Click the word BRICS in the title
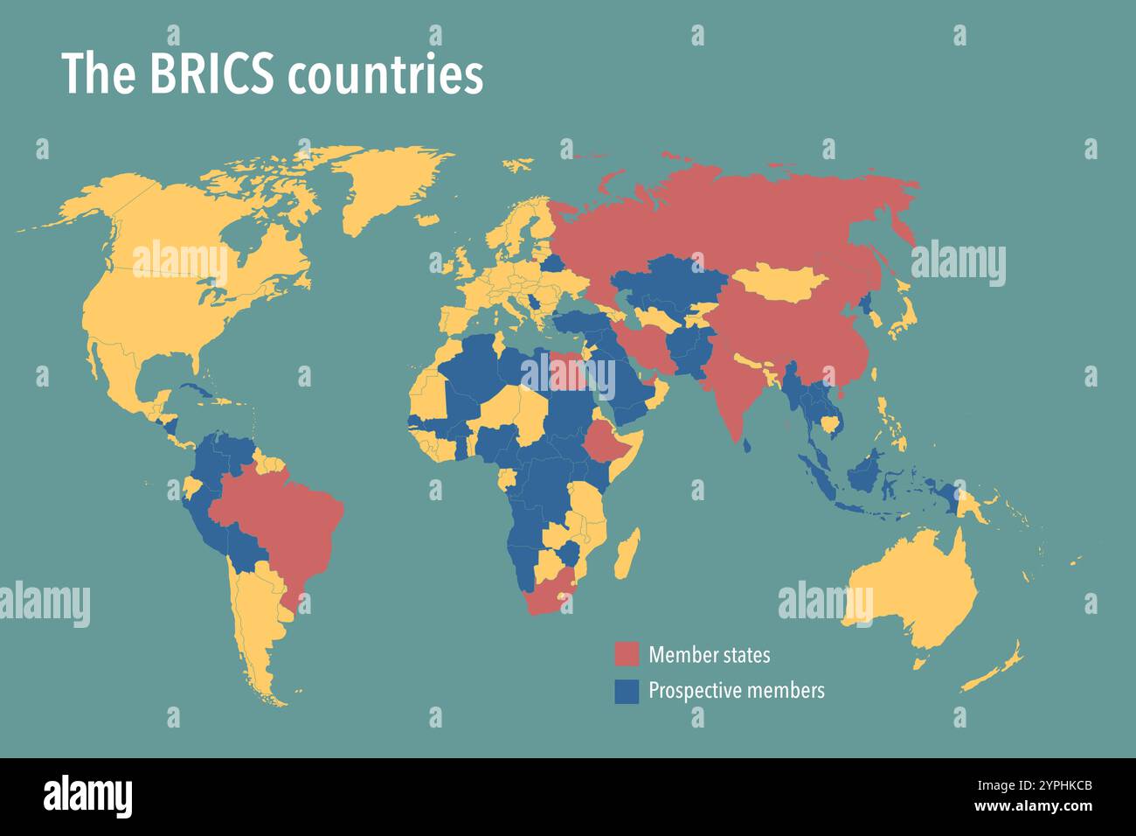(x=212, y=74)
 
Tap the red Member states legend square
(x=627, y=654)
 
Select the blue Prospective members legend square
(x=627, y=691)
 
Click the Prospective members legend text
(x=736, y=691)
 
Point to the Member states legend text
(x=709, y=654)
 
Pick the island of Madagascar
(x=627, y=554)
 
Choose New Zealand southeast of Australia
(x=996, y=669)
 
